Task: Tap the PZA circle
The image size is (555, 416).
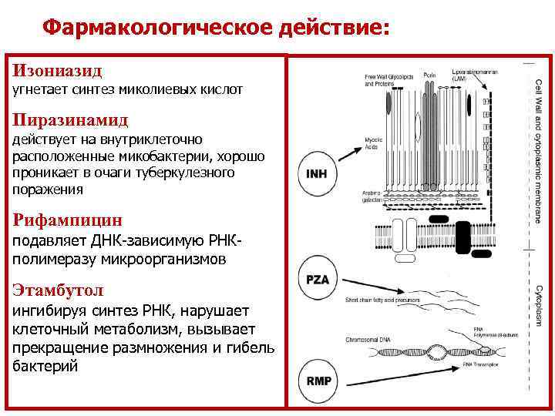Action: [318, 280]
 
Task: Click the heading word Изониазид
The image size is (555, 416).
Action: [57, 70]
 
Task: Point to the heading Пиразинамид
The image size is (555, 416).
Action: [70, 120]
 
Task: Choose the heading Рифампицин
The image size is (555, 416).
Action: [67, 221]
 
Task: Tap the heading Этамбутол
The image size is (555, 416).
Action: [58, 290]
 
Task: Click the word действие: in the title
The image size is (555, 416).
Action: [340, 28]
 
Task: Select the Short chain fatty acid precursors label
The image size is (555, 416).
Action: [385, 299]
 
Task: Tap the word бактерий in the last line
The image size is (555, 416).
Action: [45, 366]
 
